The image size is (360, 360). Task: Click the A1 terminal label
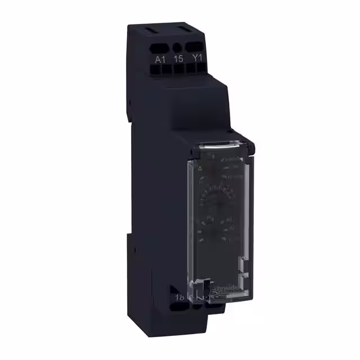[159, 57]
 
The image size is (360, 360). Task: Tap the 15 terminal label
[178, 57]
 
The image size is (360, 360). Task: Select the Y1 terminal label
[197, 57]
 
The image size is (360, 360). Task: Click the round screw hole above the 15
[178, 47]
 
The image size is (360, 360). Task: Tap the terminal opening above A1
[160, 47]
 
